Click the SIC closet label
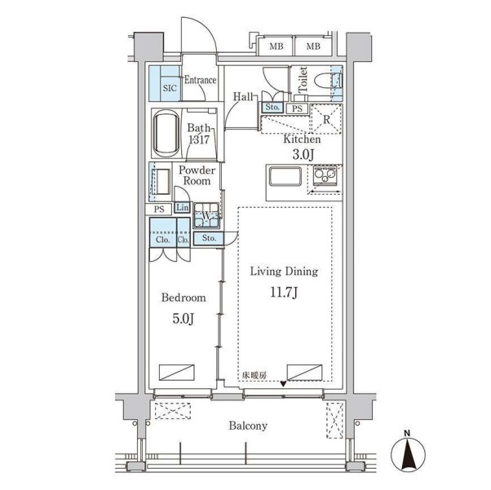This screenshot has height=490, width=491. point(170,88)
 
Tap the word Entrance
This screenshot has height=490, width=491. point(200,80)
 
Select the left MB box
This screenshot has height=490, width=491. point(276,46)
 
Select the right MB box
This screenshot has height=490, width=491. point(313,46)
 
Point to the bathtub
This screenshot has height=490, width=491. point(166,134)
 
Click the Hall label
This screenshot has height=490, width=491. point(243,96)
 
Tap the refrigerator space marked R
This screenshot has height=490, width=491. point(326,119)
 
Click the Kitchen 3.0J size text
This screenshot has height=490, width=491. point(303,154)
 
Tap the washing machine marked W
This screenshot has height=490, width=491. point(206,215)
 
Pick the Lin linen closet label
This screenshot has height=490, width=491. point(182,208)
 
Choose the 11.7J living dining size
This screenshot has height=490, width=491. point(284,293)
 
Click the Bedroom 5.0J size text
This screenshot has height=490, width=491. point(184,319)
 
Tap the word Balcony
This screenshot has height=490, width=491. point(248,426)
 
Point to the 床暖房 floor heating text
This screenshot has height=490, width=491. point(254,375)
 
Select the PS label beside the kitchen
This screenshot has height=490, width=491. point(297,109)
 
